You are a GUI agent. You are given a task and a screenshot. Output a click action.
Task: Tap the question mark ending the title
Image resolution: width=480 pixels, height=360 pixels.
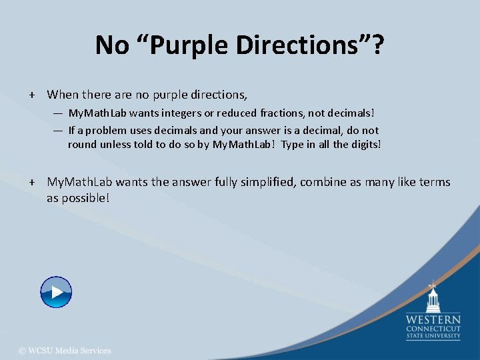click(377, 46)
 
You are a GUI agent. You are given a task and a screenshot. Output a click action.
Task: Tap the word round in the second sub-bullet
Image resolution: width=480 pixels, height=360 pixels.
click(82, 145)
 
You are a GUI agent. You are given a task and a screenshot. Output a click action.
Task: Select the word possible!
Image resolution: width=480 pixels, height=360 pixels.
click(86, 198)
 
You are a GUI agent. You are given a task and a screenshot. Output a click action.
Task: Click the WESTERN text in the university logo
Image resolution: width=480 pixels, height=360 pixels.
click(433, 319)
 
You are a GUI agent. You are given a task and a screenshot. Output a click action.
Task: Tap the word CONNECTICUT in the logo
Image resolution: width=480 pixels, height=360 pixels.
click(433, 329)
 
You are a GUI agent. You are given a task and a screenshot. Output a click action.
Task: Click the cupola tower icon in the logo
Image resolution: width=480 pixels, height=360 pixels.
click(433, 297)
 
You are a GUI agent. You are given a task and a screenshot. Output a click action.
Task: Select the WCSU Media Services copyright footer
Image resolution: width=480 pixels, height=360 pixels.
click(65, 351)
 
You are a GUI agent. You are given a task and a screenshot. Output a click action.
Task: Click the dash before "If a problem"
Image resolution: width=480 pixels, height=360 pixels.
click(59, 131)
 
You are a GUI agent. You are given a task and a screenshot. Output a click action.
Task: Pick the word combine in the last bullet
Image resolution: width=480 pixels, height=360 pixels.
click(323, 182)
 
